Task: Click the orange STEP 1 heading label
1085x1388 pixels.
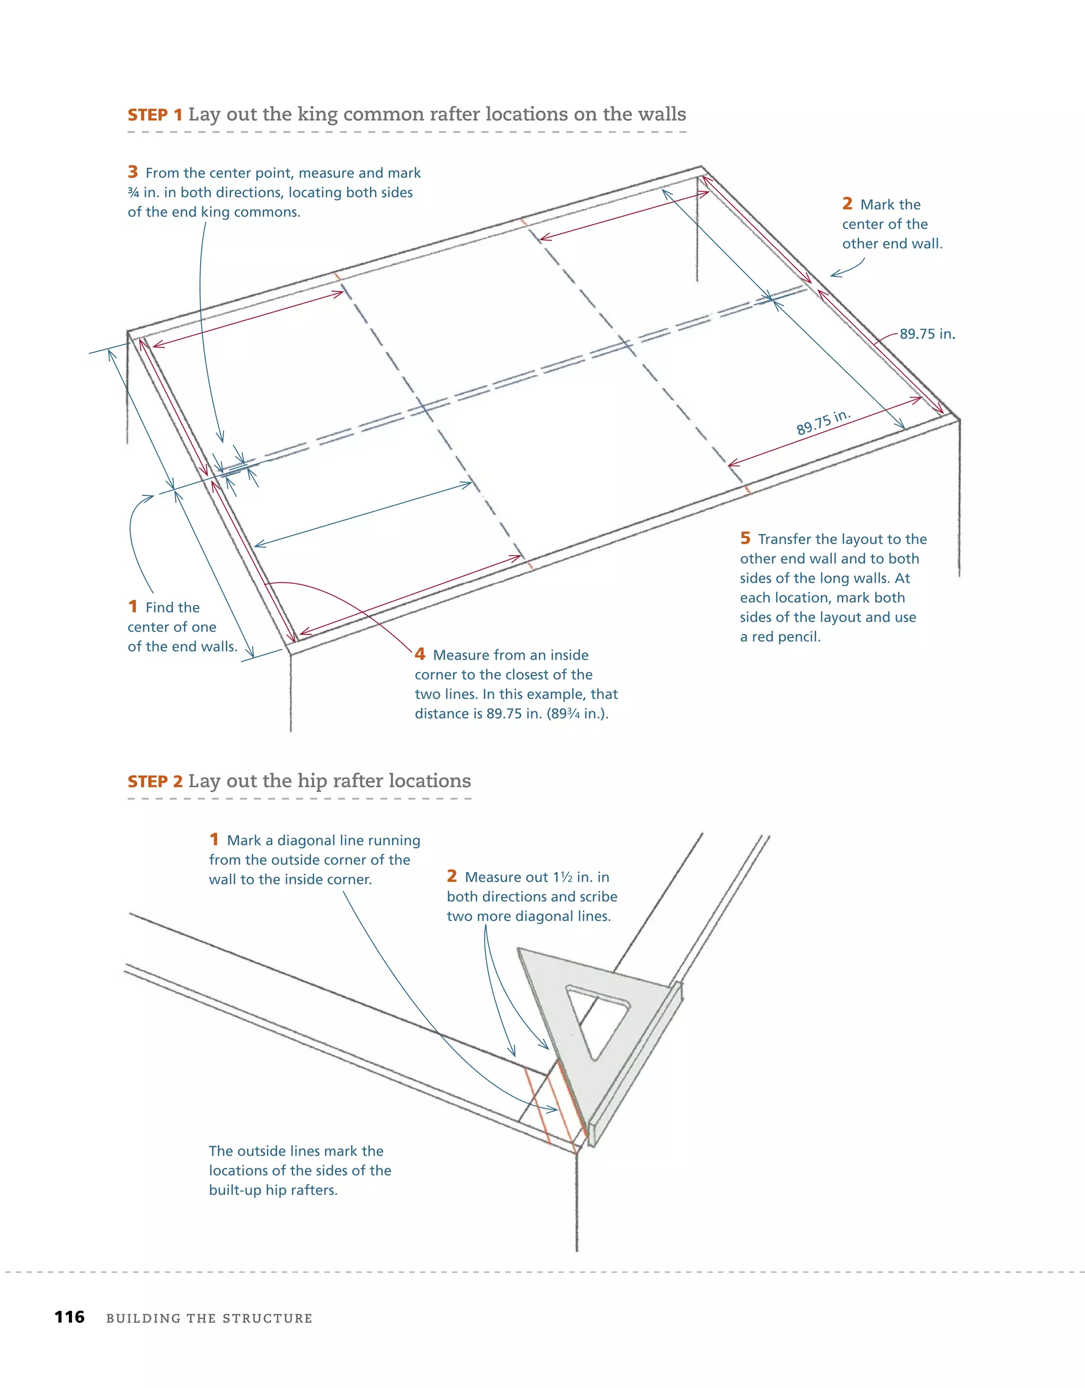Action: [155, 115]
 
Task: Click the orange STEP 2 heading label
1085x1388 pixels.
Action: [155, 782]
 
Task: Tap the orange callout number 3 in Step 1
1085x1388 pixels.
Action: [132, 172]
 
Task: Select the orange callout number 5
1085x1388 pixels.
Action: [745, 538]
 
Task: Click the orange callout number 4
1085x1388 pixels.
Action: [420, 654]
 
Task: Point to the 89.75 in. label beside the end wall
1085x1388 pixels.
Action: [927, 334]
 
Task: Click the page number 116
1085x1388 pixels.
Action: [69, 1318]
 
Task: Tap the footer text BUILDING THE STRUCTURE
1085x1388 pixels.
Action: [209, 1319]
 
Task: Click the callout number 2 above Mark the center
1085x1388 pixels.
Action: [847, 204]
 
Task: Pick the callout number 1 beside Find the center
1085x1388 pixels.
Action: [132, 607]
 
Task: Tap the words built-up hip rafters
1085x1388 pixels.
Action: [273, 1190]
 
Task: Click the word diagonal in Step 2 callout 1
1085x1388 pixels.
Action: [306, 841]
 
